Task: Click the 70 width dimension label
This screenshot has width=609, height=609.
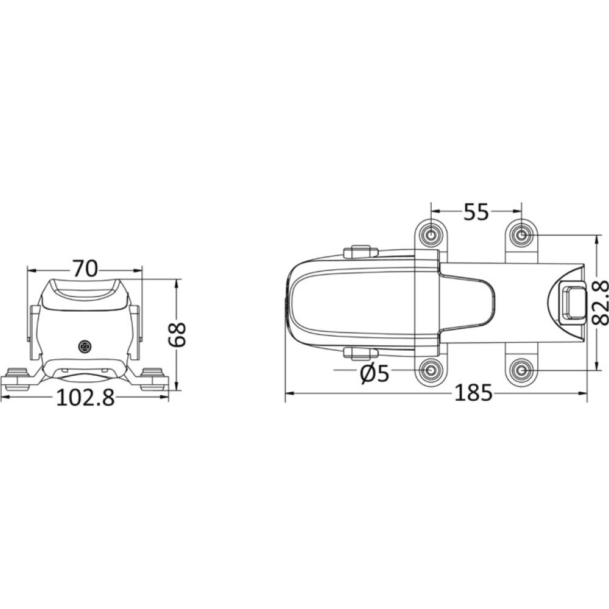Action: (x=85, y=268)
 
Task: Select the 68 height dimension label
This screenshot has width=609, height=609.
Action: (x=177, y=334)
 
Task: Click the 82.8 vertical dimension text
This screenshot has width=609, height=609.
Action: (x=599, y=303)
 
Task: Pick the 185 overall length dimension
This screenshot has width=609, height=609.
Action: (x=473, y=394)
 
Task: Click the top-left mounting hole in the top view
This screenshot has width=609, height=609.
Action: (x=431, y=234)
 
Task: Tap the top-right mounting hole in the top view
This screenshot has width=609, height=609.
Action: (x=521, y=234)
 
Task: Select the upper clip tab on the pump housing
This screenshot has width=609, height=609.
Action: (x=361, y=252)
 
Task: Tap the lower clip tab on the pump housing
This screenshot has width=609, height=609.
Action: (x=361, y=353)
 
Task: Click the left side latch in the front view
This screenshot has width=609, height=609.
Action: (x=34, y=331)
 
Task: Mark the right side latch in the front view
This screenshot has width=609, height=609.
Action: (x=136, y=331)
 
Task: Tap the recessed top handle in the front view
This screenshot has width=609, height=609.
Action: (x=85, y=291)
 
